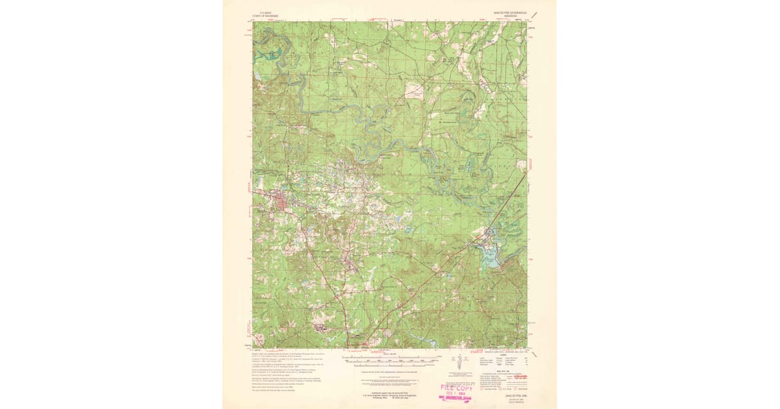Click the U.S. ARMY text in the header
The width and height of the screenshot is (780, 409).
pyautogui.click(x=261, y=12)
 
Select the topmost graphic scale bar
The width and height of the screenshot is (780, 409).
pyautogui.click(x=390, y=356)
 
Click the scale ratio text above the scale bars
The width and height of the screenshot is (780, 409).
pyautogui.click(x=390, y=352)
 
